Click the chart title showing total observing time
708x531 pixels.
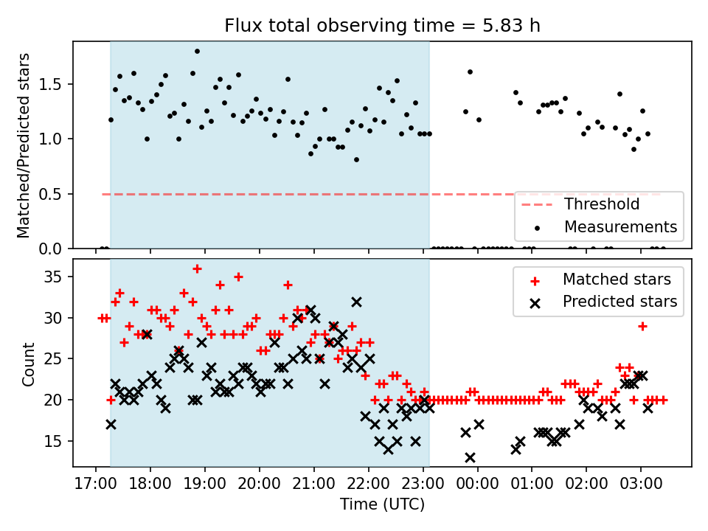coord(382,25)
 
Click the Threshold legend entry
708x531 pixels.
coord(580,204)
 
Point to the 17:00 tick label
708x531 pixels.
coord(95,484)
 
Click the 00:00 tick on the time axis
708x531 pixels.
coord(477,484)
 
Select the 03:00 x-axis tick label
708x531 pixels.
coord(641,484)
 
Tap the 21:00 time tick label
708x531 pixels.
coord(313,484)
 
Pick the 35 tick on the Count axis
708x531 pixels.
coord(53,277)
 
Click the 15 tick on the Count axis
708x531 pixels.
coord(53,441)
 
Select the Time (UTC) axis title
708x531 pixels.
coord(383,504)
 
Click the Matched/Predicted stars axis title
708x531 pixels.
coord(24,145)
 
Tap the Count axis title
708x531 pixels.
coord(28,364)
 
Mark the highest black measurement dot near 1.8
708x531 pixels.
coord(197,52)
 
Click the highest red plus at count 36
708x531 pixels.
coord(197,269)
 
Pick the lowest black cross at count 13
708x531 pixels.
coord(470,458)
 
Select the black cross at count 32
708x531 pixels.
coord(356,302)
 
